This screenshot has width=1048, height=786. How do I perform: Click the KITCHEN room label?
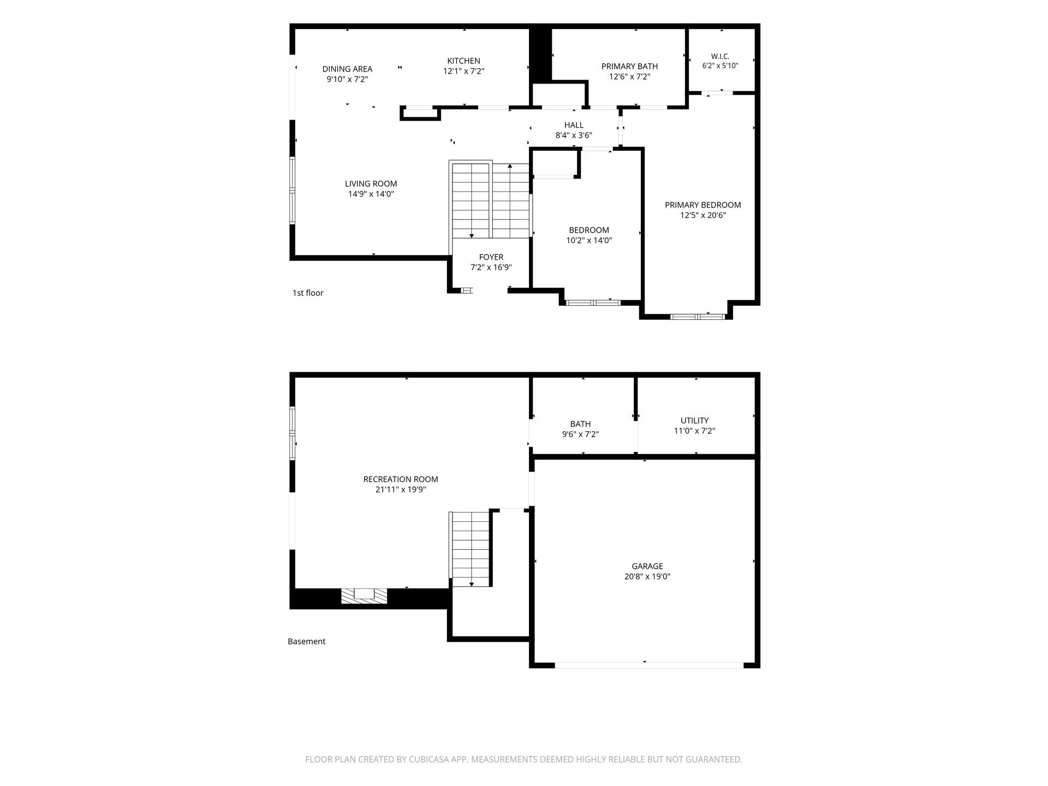tap(463, 61)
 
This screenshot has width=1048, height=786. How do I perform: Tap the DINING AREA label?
tap(347, 69)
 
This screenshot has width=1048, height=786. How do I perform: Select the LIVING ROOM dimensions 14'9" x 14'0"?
tap(371, 194)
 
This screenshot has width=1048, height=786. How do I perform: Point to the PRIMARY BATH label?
tap(629, 67)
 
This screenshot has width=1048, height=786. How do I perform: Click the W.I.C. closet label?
tap(720, 56)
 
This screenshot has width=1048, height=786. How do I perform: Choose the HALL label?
tap(574, 126)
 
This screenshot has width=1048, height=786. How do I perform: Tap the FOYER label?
tap(491, 257)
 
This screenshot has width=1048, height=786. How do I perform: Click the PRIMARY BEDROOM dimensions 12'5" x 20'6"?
tap(703, 216)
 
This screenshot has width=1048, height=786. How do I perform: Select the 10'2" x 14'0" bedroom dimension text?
tap(589, 241)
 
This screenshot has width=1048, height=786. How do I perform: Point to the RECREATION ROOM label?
tap(401, 479)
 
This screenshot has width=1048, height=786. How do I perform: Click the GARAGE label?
tap(647, 567)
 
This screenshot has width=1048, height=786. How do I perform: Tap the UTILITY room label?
tap(694, 421)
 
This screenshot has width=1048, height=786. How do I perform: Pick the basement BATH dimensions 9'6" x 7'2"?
tap(580, 434)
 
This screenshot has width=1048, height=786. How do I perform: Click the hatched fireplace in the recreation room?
tap(364, 596)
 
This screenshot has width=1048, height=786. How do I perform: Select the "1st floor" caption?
tap(308, 293)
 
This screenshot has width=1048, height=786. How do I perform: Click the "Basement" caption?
tap(306, 641)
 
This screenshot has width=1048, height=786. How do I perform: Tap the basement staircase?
tap(471, 549)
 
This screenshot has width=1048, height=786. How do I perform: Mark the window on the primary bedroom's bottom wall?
tap(698, 317)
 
